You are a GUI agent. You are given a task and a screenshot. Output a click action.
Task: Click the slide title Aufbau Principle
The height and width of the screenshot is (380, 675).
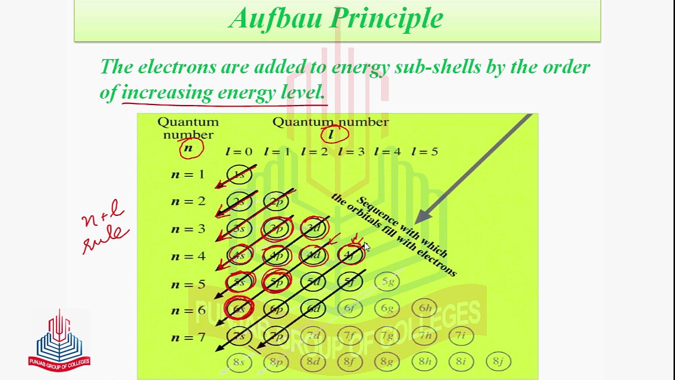(x=336, y=18)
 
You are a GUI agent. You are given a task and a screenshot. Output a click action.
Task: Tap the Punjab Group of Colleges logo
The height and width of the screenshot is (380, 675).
(x=59, y=340)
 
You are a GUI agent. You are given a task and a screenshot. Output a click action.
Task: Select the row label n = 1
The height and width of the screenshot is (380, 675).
(x=188, y=175)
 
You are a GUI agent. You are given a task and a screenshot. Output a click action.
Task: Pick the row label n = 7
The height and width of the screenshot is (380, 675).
(x=188, y=337)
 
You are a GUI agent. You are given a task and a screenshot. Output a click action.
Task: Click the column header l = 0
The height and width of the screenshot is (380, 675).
(x=239, y=152)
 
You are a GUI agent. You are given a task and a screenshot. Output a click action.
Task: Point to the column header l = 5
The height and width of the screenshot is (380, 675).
(x=425, y=152)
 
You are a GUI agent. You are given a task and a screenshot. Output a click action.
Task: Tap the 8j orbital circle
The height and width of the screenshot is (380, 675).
(x=498, y=362)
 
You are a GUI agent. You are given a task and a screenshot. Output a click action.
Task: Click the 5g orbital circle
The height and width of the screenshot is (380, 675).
(x=387, y=282)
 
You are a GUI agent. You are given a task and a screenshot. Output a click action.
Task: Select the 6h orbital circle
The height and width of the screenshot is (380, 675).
(x=425, y=309)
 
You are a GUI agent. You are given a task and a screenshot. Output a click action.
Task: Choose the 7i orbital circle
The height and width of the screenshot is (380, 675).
(x=461, y=336)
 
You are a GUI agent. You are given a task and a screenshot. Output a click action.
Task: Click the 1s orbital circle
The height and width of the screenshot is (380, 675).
(x=239, y=175)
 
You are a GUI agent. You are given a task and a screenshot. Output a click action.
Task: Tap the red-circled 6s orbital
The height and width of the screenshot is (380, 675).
(x=239, y=309)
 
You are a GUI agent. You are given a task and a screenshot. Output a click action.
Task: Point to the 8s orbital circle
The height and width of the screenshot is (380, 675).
(x=239, y=362)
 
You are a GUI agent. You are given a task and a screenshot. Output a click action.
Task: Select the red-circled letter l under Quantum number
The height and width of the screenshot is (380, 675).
(x=332, y=135)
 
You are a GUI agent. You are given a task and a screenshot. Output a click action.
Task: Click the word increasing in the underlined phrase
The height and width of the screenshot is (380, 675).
(x=167, y=92)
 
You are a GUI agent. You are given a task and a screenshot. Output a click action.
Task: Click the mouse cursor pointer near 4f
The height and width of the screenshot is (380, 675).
(x=367, y=248)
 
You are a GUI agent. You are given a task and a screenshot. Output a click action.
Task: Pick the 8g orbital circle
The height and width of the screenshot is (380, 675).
(x=387, y=362)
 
